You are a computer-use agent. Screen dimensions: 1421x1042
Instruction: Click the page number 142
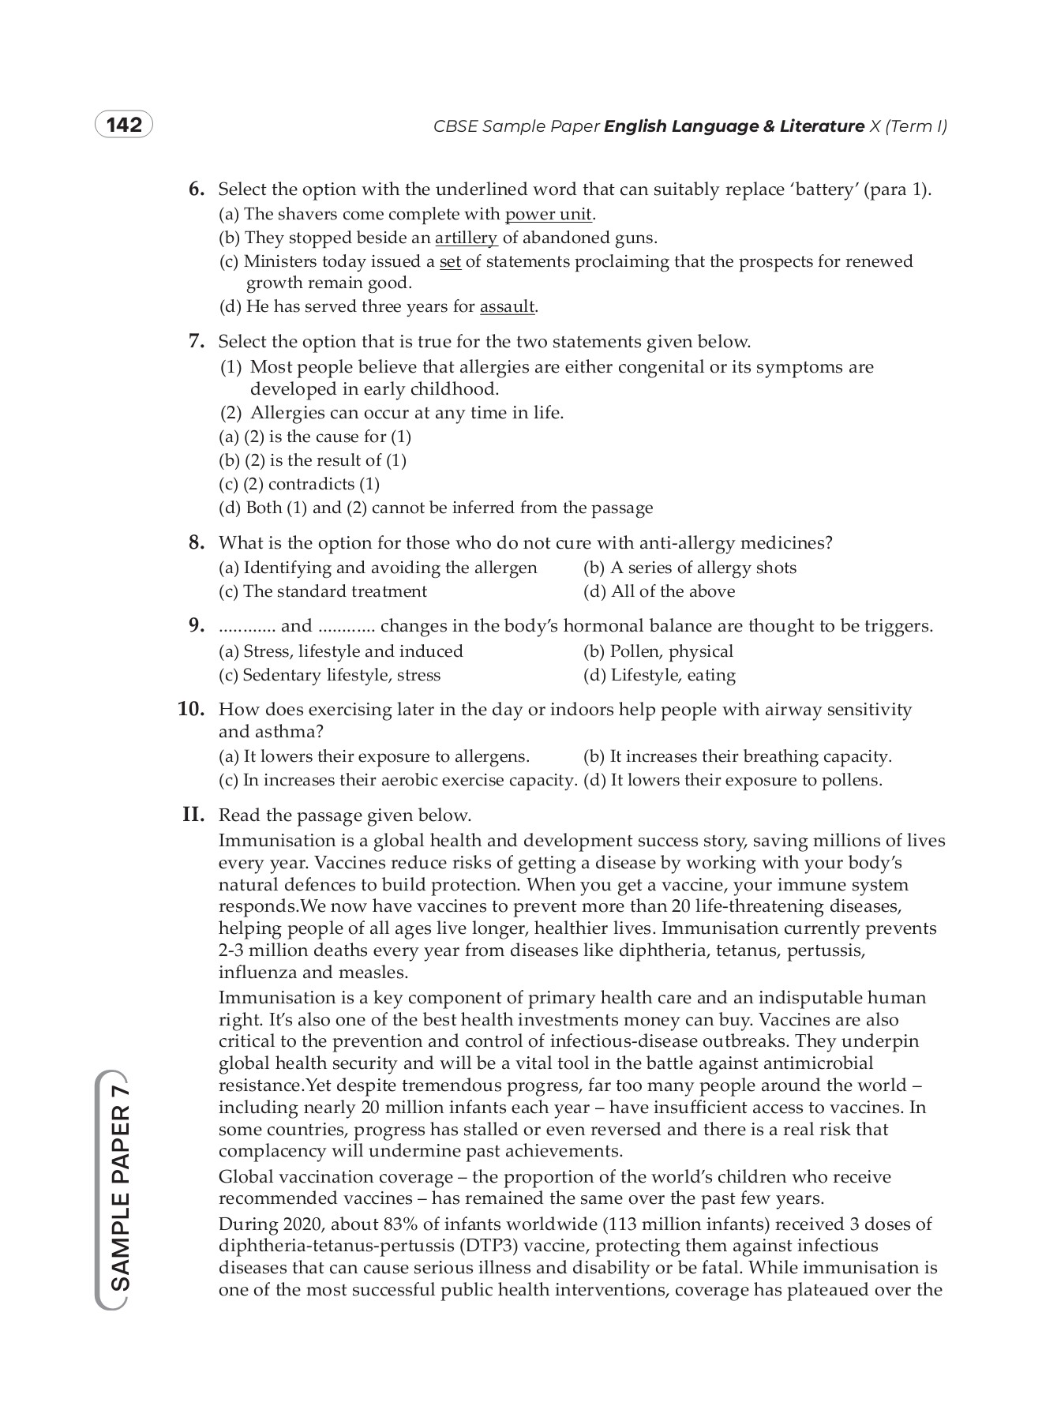point(124,126)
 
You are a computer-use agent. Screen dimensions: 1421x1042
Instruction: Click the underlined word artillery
point(466,238)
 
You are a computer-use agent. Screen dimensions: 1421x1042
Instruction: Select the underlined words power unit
point(548,214)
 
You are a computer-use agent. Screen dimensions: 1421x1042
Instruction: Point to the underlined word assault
point(508,306)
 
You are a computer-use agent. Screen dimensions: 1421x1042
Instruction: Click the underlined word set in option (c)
point(450,261)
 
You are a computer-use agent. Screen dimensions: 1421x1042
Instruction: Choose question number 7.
point(197,341)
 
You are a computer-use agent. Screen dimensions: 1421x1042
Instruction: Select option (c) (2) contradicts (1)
point(299,484)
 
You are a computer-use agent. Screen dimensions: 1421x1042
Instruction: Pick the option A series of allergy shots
point(689,568)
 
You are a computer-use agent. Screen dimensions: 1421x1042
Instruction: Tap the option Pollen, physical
point(658,651)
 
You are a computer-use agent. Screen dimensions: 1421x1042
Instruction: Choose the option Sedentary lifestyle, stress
point(329,675)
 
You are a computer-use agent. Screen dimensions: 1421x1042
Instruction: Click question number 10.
point(191,709)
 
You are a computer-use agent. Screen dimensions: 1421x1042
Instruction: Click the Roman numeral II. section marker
point(193,815)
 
